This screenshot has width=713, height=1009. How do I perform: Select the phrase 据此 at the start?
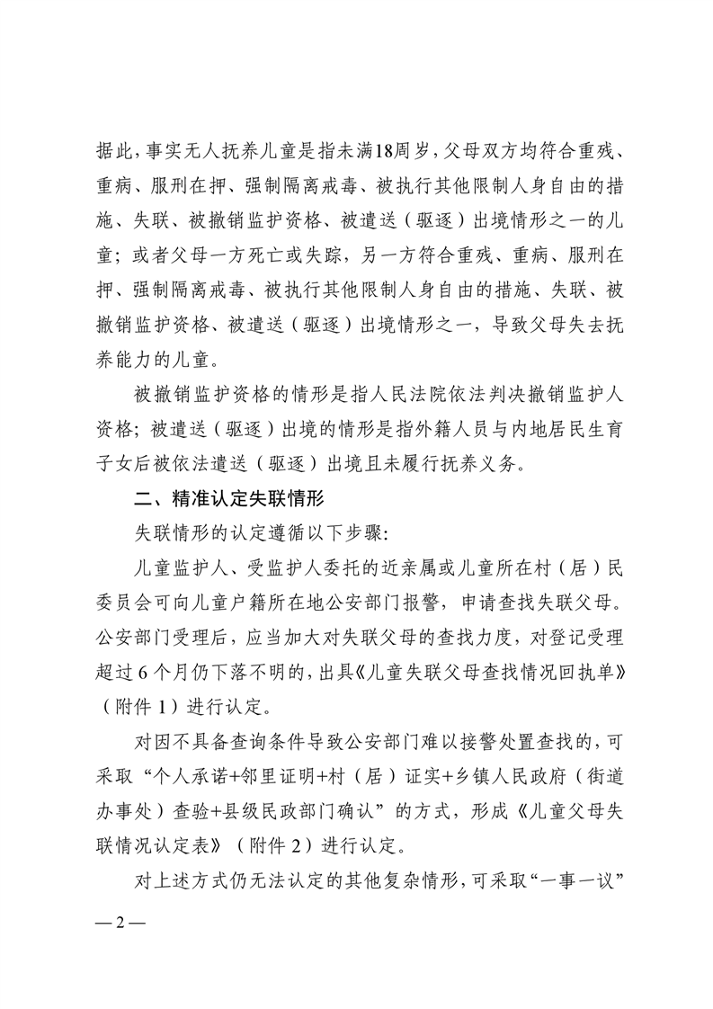tap(114, 150)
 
